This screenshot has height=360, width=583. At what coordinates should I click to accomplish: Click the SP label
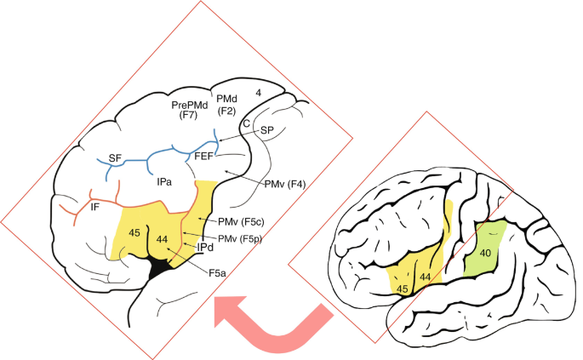(x=267, y=129)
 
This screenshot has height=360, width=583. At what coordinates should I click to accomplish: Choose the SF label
(x=116, y=158)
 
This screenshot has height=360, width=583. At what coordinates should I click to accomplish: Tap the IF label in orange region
(x=97, y=207)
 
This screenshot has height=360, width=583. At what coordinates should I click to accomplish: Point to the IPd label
(x=205, y=248)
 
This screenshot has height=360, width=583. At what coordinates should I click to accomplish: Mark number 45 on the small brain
(x=402, y=289)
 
